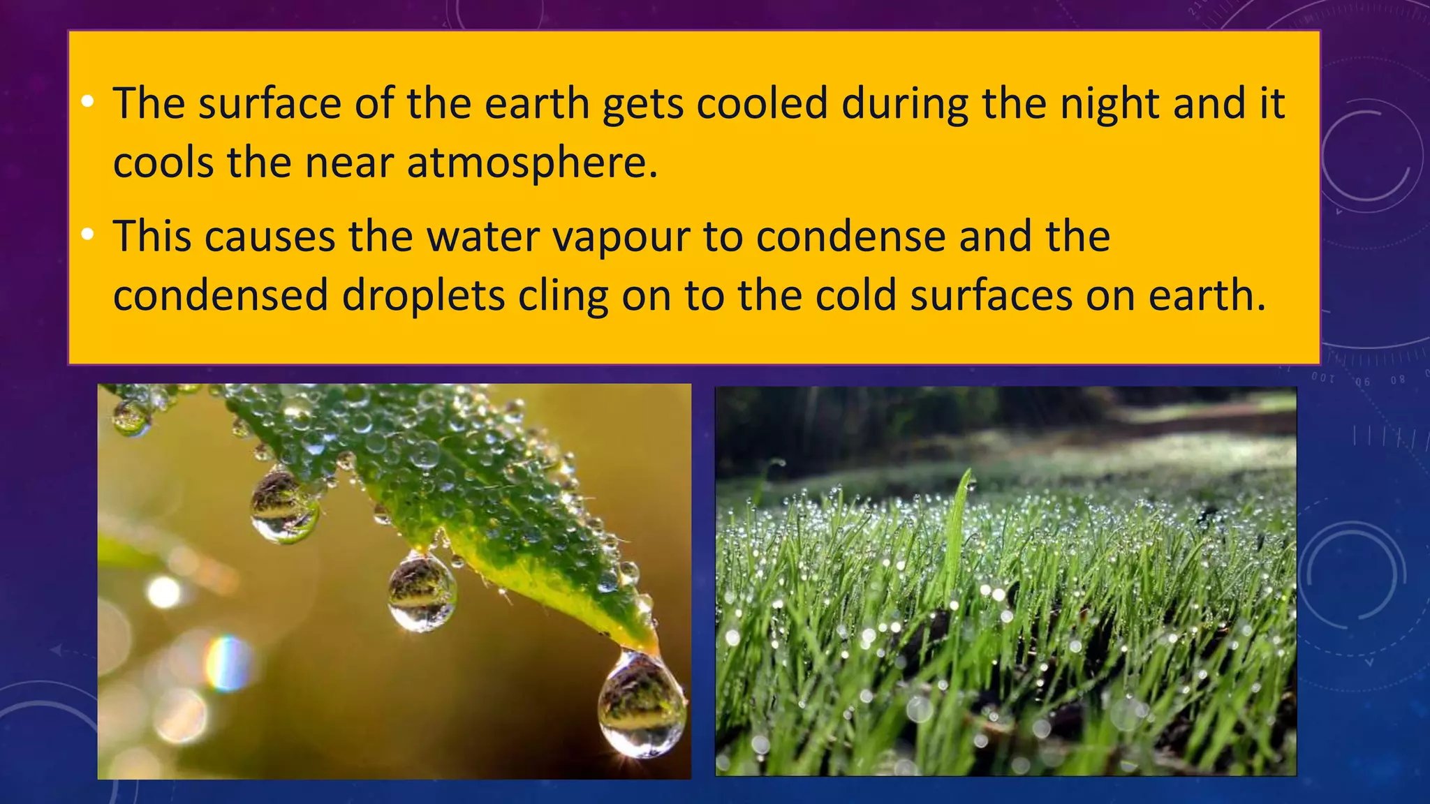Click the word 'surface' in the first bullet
[x=269, y=103]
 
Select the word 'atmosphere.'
[x=532, y=163]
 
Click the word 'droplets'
[x=423, y=295]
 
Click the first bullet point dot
[x=87, y=102]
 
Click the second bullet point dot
[x=87, y=235]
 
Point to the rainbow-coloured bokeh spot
[x=227, y=663]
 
